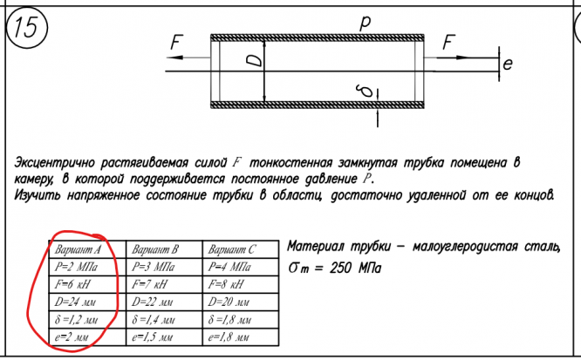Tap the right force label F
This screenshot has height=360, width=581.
(448, 42)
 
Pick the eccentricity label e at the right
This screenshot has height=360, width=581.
(507, 64)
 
